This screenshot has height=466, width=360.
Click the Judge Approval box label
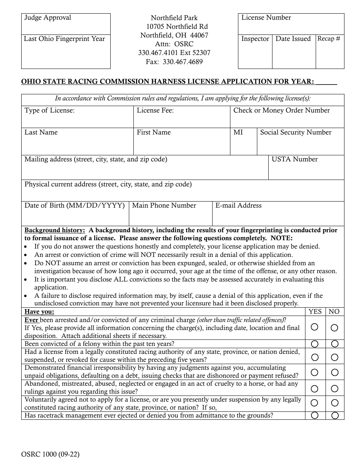click(48, 18)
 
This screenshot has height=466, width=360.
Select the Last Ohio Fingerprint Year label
click(64, 39)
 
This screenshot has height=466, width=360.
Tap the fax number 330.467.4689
click(174, 61)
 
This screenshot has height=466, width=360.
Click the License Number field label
click(266, 18)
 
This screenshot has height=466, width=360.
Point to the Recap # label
click(329, 39)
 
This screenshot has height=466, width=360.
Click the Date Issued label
click(293, 39)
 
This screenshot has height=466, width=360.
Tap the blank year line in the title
click(326, 82)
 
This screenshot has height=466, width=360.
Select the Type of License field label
click(50, 111)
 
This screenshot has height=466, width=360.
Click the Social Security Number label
click(296, 132)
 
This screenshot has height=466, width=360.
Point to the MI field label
click(238, 132)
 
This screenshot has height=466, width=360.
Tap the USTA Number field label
click(294, 159)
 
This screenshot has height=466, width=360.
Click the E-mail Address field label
click(238, 205)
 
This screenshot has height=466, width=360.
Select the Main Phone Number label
click(164, 205)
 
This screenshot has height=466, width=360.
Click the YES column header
click(315, 311)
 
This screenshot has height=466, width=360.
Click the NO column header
click(334, 311)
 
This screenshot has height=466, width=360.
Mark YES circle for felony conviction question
click(315, 344)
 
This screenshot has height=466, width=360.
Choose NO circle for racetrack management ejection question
click(335, 416)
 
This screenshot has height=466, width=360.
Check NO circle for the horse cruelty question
click(335, 389)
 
